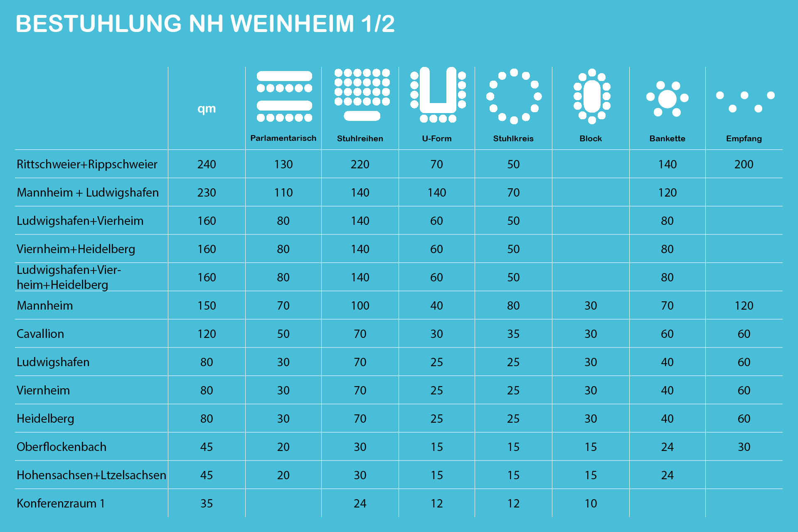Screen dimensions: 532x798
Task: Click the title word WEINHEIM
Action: tap(292, 24)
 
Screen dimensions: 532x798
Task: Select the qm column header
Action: tap(207, 108)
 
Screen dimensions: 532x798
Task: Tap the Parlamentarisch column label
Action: tap(283, 138)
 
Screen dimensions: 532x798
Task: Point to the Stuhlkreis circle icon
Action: tap(514, 96)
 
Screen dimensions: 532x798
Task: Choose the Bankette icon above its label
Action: tap(667, 99)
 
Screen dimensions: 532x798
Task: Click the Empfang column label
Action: tap(744, 138)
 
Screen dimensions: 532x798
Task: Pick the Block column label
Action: tap(590, 138)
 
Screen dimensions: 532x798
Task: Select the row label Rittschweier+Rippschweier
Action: tap(87, 164)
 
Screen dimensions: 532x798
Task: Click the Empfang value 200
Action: tap(744, 164)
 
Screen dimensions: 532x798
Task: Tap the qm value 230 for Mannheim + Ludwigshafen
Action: tap(207, 192)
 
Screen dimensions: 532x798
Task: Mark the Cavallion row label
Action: tap(40, 334)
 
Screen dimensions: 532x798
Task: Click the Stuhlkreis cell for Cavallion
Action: tap(513, 334)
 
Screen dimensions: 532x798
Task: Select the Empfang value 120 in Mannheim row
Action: tap(744, 305)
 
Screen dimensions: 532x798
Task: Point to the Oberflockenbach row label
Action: tap(62, 447)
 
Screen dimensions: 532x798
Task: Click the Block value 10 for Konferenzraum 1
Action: tap(590, 503)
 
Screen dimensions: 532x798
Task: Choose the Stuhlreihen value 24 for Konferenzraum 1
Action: tap(360, 503)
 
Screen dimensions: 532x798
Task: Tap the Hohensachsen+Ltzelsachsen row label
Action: tap(91, 475)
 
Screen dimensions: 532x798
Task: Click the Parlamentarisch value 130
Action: tap(283, 164)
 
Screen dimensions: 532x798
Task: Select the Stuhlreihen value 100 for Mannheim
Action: tap(360, 305)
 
